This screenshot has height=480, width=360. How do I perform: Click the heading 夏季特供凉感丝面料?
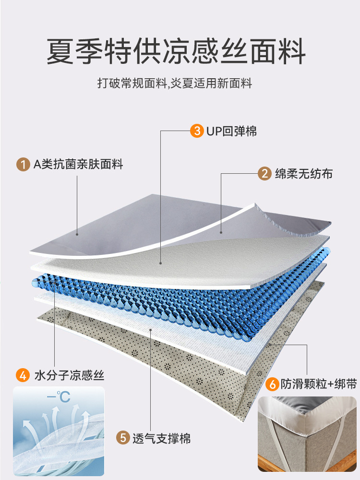click(x=176, y=52)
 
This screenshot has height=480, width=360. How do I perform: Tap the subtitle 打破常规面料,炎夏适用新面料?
click(x=175, y=84)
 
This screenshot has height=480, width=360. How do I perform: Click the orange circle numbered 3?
click(x=196, y=131)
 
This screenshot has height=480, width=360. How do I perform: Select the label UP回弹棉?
click(x=232, y=131)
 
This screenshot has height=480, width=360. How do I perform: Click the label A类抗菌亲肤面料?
click(x=78, y=165)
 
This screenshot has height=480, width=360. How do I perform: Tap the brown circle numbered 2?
click(x=264, y=173)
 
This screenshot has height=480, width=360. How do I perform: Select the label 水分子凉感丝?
click(x=69, y=375)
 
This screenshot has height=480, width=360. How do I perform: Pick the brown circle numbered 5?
click(x=123, y=438)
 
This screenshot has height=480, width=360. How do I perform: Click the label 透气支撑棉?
click(x=162, y=438)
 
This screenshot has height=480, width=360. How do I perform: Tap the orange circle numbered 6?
click(x=272, y=384)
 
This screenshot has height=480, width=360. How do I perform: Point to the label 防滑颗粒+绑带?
click(x=312, y=384)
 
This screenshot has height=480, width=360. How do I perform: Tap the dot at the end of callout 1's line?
click(x=78, y=235)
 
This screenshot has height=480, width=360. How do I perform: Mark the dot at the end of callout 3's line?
click(x=160, y=263)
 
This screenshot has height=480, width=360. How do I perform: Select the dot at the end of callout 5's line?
click(x=152, y=330)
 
